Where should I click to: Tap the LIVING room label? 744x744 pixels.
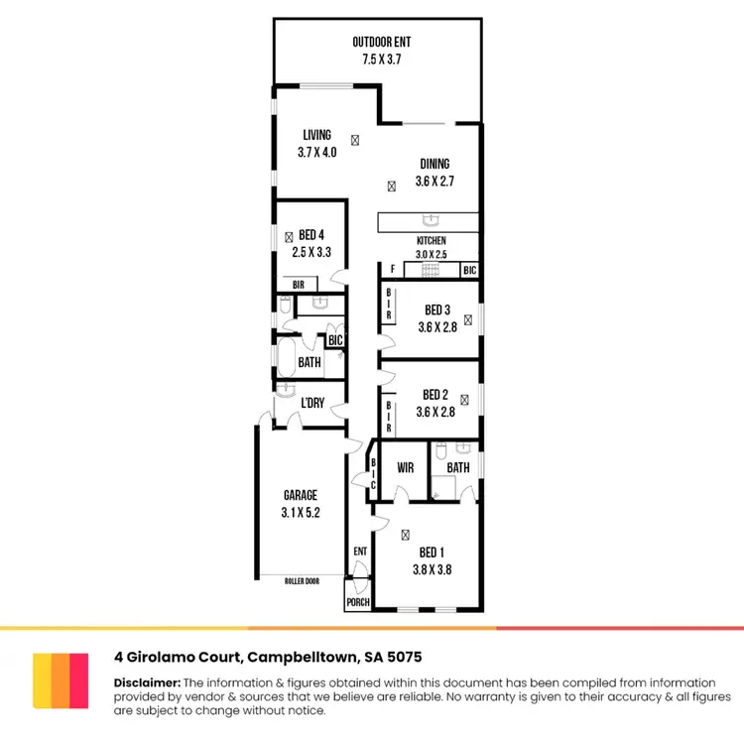click(317, 136)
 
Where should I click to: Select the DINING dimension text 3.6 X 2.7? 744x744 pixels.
click(434, 183)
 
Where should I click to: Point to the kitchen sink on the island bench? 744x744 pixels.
click(431, 220)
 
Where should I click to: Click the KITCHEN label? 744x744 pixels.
click(431, 241)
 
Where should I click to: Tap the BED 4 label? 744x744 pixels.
click(310, 235)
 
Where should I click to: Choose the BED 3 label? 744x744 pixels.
click(437, 310)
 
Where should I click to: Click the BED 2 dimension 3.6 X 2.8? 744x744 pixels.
click(435, 413)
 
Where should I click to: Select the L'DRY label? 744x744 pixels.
click(312, 403)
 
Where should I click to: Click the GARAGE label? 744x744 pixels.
click(301, 495)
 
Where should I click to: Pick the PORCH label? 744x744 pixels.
click(357, 602)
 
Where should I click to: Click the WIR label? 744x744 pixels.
click(404, 467)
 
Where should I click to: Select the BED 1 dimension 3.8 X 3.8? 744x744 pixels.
click(432, 570)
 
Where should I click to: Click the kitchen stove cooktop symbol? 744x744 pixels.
click(433, 270)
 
